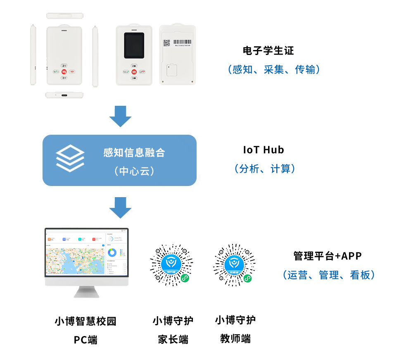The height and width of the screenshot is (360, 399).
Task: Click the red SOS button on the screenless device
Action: click(64, 72)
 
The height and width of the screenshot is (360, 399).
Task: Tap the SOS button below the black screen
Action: click(134, 72)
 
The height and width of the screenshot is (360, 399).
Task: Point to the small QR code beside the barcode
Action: click(166, 43)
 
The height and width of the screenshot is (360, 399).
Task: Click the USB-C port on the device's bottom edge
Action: click(64, 95)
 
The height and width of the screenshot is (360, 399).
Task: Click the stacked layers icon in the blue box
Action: click(70, 158)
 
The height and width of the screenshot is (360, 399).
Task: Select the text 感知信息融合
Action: click(134, 153)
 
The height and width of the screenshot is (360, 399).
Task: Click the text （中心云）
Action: click(134, 171)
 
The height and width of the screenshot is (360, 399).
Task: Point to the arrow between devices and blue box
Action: click(120, 117)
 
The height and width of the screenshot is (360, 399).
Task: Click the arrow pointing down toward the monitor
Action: click(120, 207)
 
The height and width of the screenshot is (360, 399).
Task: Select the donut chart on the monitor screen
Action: click(112, 252)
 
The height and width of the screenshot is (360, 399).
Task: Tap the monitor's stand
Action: click(86, 291)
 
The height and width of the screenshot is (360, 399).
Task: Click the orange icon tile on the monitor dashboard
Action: click(49, 239)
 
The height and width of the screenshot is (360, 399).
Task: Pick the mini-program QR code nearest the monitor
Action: click(171, 265)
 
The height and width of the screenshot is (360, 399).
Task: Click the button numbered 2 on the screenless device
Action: click(64, 65)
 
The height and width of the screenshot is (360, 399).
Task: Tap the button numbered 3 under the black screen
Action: click(134, 78)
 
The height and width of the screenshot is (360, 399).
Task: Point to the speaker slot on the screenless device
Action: click(64, 30)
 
